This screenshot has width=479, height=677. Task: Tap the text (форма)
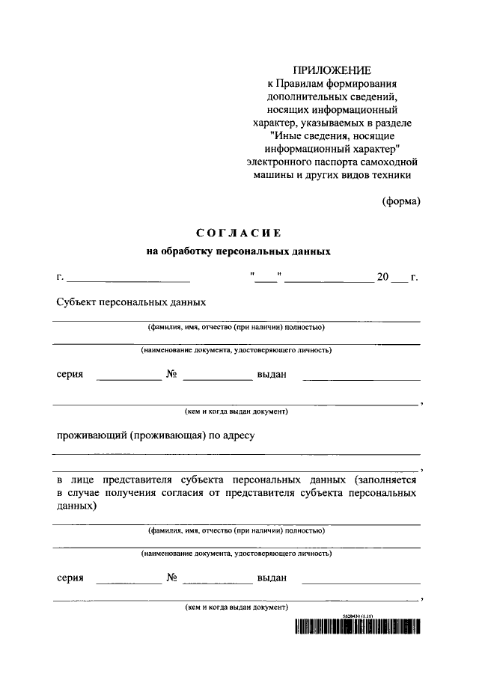click(401, 200)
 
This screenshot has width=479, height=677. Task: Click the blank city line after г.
click(128, 279)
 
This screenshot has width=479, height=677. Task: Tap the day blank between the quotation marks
click(265, 279)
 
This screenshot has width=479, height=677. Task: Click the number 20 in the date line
click(382, 278)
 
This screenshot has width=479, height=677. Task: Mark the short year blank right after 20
click(399, 279)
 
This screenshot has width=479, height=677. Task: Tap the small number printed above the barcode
click(356, 615)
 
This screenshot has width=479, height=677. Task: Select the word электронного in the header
click(279, 161)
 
